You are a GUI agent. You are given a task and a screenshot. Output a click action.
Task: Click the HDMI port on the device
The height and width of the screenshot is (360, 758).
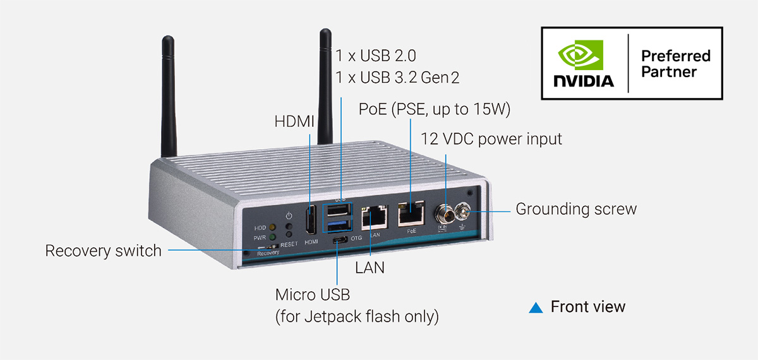[310, 221]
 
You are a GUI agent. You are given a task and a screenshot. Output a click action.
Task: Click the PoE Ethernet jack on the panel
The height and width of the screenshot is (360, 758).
[411, 215]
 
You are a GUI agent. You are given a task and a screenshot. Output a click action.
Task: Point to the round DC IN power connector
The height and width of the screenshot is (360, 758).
[442, 213]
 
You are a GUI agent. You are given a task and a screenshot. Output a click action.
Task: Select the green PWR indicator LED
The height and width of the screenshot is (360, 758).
[272, 237]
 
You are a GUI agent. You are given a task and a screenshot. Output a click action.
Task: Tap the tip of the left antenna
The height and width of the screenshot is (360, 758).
[167, 42]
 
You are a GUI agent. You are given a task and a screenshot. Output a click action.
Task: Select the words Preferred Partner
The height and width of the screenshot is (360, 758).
[675, 63]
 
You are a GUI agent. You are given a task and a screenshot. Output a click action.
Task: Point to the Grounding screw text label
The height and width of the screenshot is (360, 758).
[576, 208]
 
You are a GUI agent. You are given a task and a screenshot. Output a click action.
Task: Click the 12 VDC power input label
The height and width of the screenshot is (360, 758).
[491, 138]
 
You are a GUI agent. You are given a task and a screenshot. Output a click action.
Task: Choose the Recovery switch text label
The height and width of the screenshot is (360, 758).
[103, 251]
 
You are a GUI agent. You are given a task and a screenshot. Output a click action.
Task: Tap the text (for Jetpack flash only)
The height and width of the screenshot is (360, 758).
[357, 315]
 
